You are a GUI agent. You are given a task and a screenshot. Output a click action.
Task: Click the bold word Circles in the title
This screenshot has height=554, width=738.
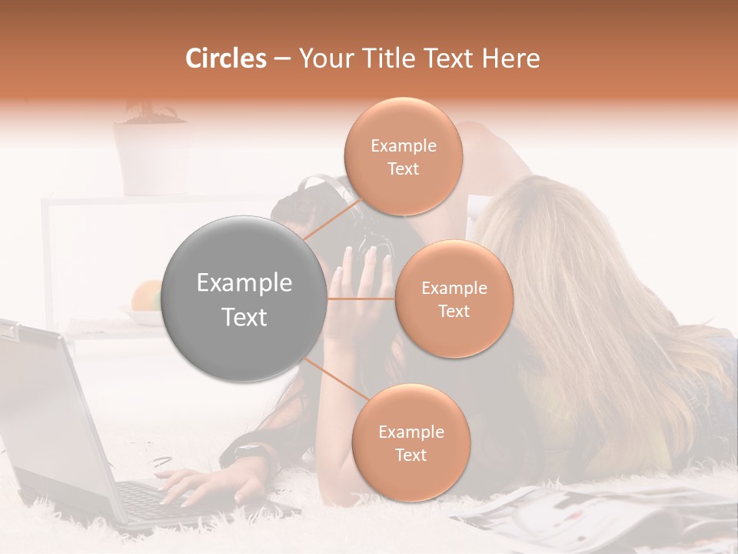click(x=225, y=58)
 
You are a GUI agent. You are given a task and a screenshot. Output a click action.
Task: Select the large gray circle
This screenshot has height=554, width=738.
click(x=244, y=299)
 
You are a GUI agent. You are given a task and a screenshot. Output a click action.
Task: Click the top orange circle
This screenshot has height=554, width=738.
click(x=403, y=157)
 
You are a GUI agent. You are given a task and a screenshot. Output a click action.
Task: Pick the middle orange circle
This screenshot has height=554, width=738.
click(x=454, y=299)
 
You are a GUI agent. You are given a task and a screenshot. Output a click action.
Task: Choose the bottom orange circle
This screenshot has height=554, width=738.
click(x=411, y=443)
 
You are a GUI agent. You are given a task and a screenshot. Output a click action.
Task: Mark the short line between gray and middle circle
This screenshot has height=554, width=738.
click(x=361, y=299)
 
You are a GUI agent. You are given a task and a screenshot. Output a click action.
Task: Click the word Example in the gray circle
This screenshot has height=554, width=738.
click(x=244, y=283)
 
